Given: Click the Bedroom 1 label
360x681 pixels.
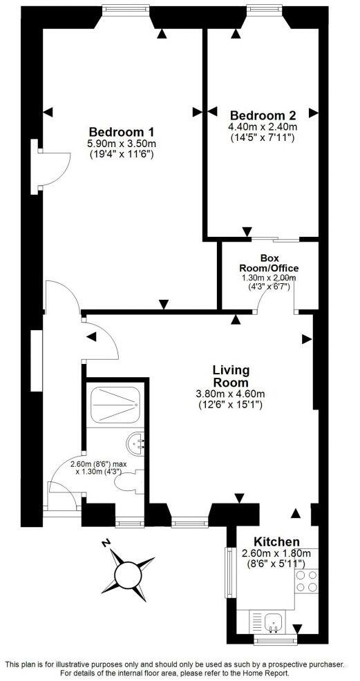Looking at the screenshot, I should [121, 132].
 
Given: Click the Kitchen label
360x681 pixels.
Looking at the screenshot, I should [276, 541].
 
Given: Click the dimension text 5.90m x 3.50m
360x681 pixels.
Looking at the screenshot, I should [121, 144].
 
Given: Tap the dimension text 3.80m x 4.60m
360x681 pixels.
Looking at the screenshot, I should [230, 394].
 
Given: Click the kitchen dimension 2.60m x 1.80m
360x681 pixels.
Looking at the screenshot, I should [276, 553].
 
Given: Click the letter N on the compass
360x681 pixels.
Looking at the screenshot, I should [104, 544].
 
